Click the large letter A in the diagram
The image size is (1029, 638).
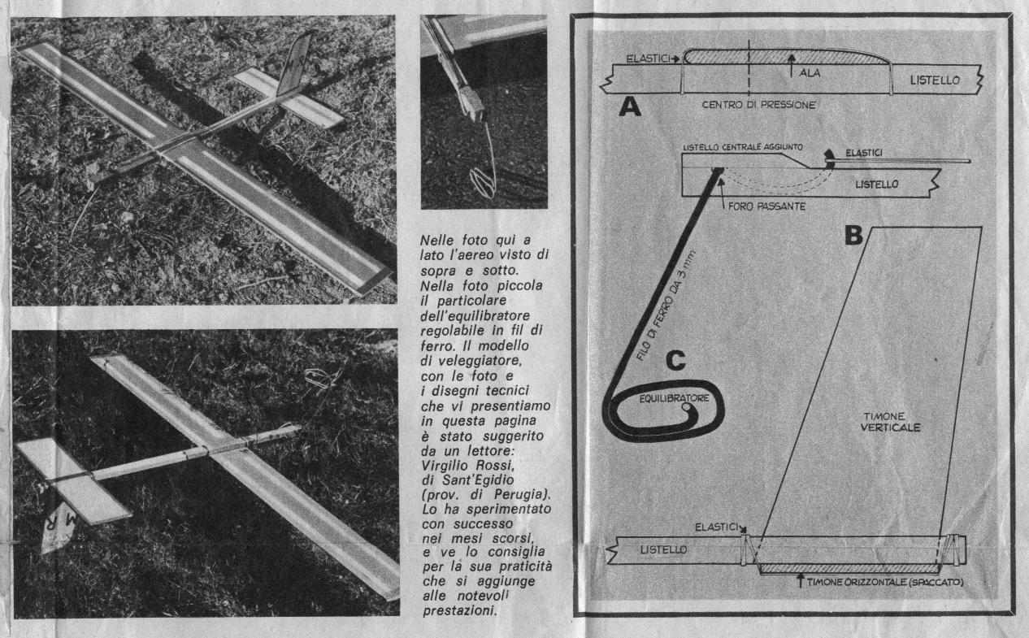pyautogui.click(x=630, y=107)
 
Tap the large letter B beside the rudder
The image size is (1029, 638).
pyautogui.click(x=853, y=235)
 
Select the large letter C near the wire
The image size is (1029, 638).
pyautogui.click(x=675, y=360)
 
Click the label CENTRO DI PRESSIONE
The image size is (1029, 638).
pyautogui.click(x=759, y=105)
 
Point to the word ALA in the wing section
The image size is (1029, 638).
pyautogui.click(x=810, y=72)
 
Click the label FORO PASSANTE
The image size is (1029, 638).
pyautogui.click(x=766, y=206)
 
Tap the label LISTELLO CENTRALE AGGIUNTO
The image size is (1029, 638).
pyautogui.click(x=743, y=147)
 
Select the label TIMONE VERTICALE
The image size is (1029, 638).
pyautogui.click(x=890, y=422)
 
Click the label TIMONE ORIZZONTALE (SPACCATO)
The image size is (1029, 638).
pyautogui.click(x=885, y=582)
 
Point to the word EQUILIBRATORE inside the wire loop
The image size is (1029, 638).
pyautogui.click(x=674, y=398)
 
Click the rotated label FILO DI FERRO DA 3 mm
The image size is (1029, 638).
pyautogui.click(x=666, y=306)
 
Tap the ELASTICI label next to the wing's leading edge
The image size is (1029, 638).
pyautogui.click(x=648, y=59)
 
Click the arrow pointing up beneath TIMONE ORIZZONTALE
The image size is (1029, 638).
pyautogui.click(x=801, y=580)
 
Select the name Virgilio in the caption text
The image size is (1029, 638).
pyautogui.click(x=445, y=466)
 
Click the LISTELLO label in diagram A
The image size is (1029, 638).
pyautogui.click(x=935, y=80)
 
